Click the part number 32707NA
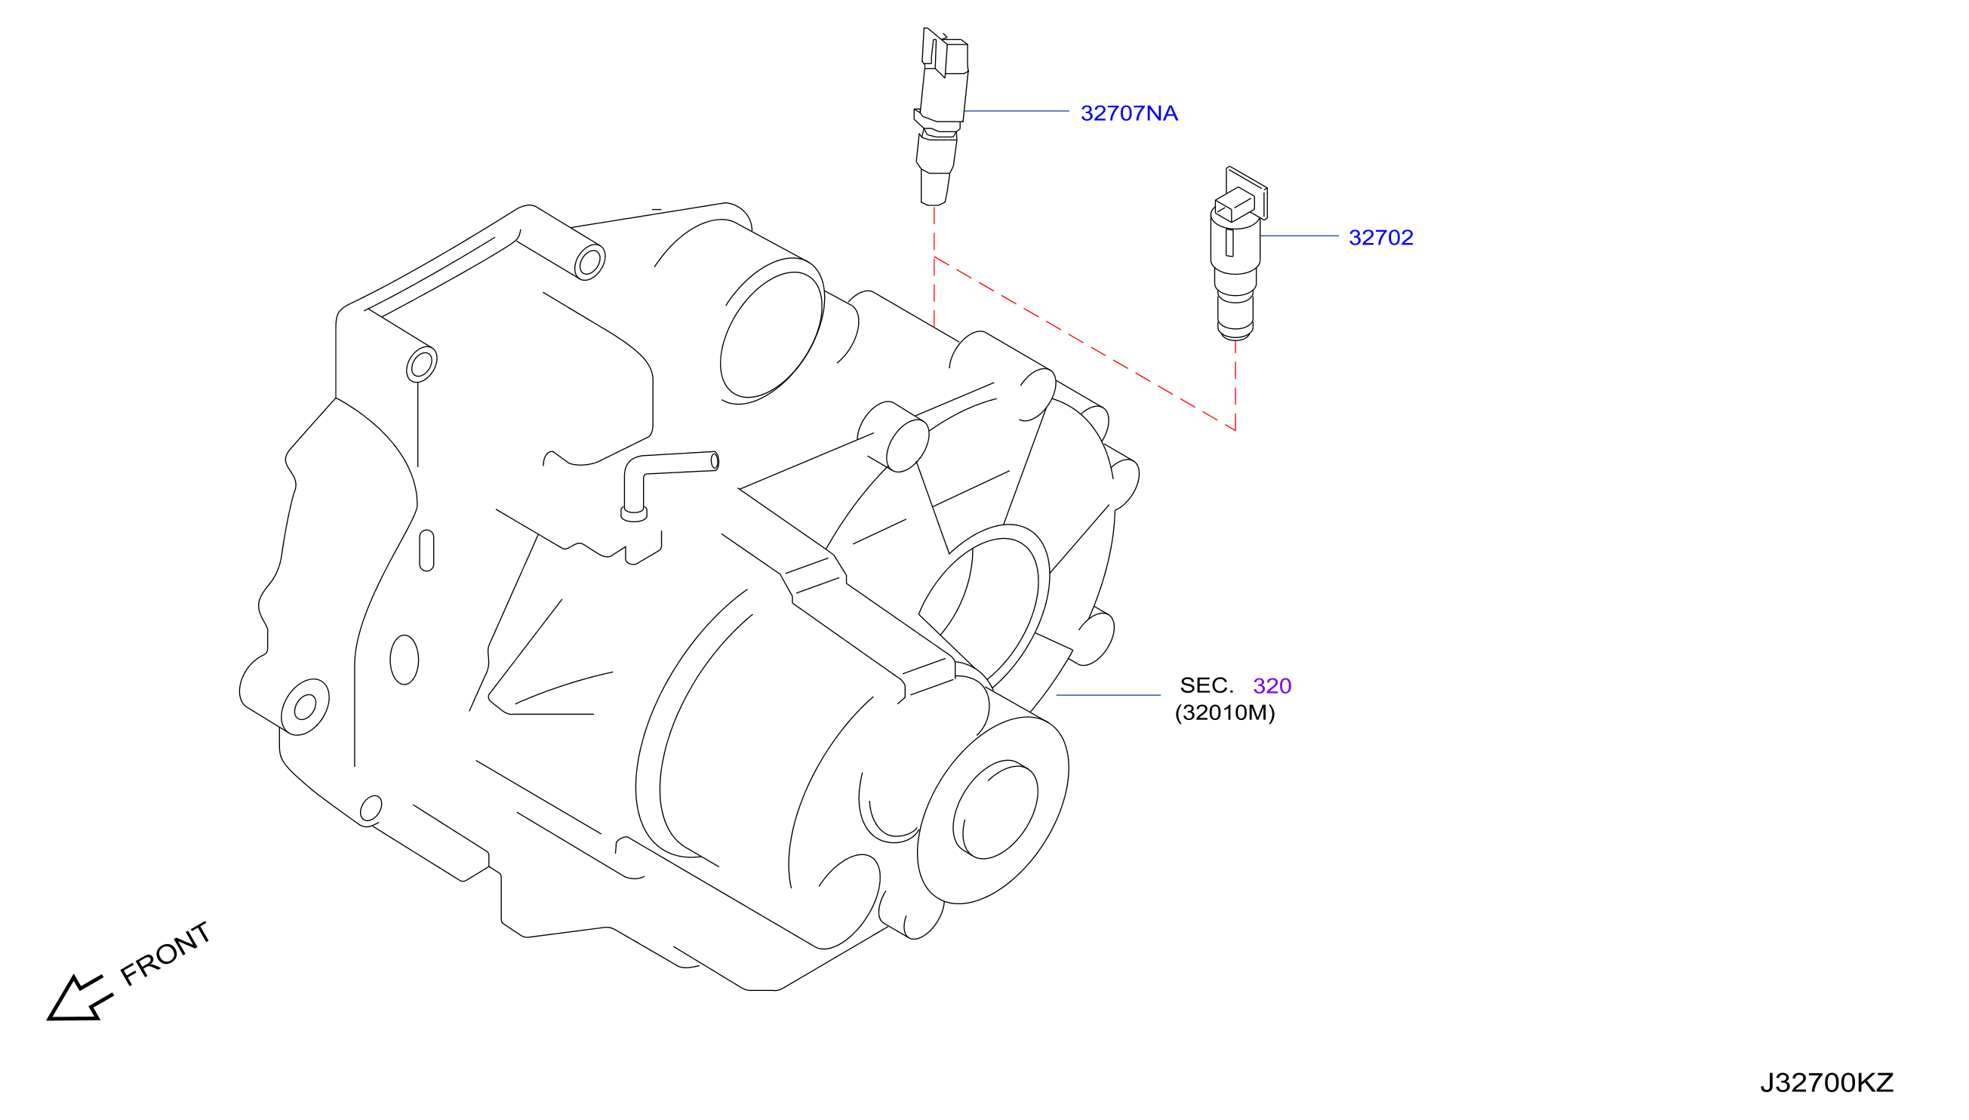click(1128, 113)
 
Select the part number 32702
click(1380, 238)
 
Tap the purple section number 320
click(1272, 685)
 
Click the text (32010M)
click(1224, 712)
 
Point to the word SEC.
click(1206, 685)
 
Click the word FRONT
click(165, 953)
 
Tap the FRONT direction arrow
click(78, 998)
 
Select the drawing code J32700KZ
click(1826, 1082)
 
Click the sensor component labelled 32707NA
click(940, 117)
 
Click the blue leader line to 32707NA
click(1016, 111)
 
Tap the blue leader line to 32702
click(1299, 235)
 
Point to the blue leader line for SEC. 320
click(1109, 694)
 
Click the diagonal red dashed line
click(1084, 344)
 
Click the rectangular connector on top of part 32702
click(1234, 202)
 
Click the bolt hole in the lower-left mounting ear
click(305, 707)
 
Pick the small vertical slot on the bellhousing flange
click(427, 551)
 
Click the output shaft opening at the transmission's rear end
click(995, 808)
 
